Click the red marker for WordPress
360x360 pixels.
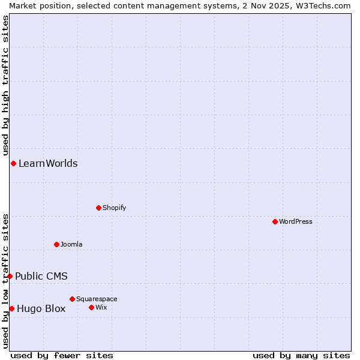[275, 221]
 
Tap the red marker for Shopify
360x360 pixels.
[98, 208]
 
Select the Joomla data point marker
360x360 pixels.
[56, 244]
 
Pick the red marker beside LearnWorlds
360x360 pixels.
[13, 163]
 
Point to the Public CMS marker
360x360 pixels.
[10, 276]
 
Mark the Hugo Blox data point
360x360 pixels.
[11, 308]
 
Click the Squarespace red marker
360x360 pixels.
[72, 299]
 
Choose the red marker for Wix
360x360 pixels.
[91, 307]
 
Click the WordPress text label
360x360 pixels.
[296, 221]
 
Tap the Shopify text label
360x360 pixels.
[114, 208]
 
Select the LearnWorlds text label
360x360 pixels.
[48, 163]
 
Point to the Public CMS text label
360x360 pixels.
[41, 276]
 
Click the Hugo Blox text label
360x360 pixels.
[41, 309]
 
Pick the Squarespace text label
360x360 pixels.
[97, 299]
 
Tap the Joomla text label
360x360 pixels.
[71, 244]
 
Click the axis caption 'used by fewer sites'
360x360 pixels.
[62, 355]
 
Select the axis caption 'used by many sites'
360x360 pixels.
[301, 355]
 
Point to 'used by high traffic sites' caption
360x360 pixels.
[6, 84]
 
